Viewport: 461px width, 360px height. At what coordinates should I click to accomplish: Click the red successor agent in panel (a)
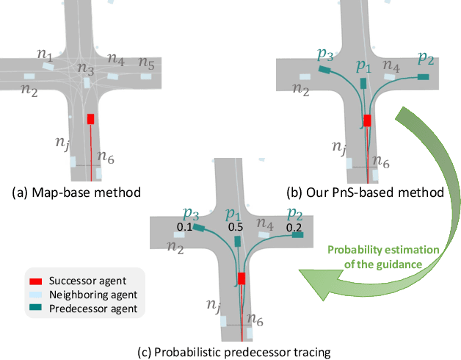coord(91,118)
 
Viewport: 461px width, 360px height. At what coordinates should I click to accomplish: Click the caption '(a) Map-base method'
coord(76,192)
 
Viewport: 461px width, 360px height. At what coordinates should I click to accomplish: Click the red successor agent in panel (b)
coord(367,120)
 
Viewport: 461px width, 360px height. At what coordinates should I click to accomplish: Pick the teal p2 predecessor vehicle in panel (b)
coord(423,76)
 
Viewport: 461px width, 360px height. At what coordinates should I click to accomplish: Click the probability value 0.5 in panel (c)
coord(236,228)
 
